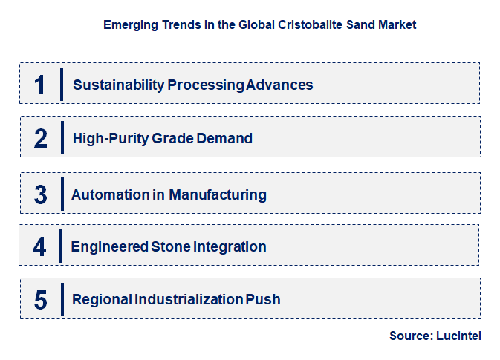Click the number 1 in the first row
point(40,85)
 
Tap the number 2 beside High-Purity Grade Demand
point(40,138)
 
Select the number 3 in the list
point(40,194)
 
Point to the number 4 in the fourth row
point(40,246)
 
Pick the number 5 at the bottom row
point(40,300)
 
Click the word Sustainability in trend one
point(118,85)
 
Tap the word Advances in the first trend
point(279,85)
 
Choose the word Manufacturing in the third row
point(218,194)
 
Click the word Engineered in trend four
point(110,246)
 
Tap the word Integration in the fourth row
point(230,246)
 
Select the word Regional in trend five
point(102,300)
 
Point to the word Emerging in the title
point(129,24)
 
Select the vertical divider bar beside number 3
point(62,194)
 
